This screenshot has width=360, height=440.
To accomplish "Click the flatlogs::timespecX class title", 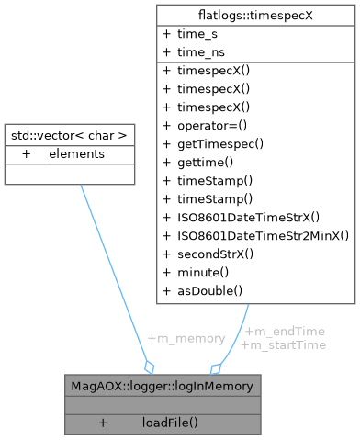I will (x=256, y=14).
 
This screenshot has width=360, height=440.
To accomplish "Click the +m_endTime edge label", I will (x=284, y=331).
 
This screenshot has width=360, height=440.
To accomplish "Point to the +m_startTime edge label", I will (x=283, y=344).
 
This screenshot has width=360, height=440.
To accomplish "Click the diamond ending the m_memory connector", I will (x=148, y=365).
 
